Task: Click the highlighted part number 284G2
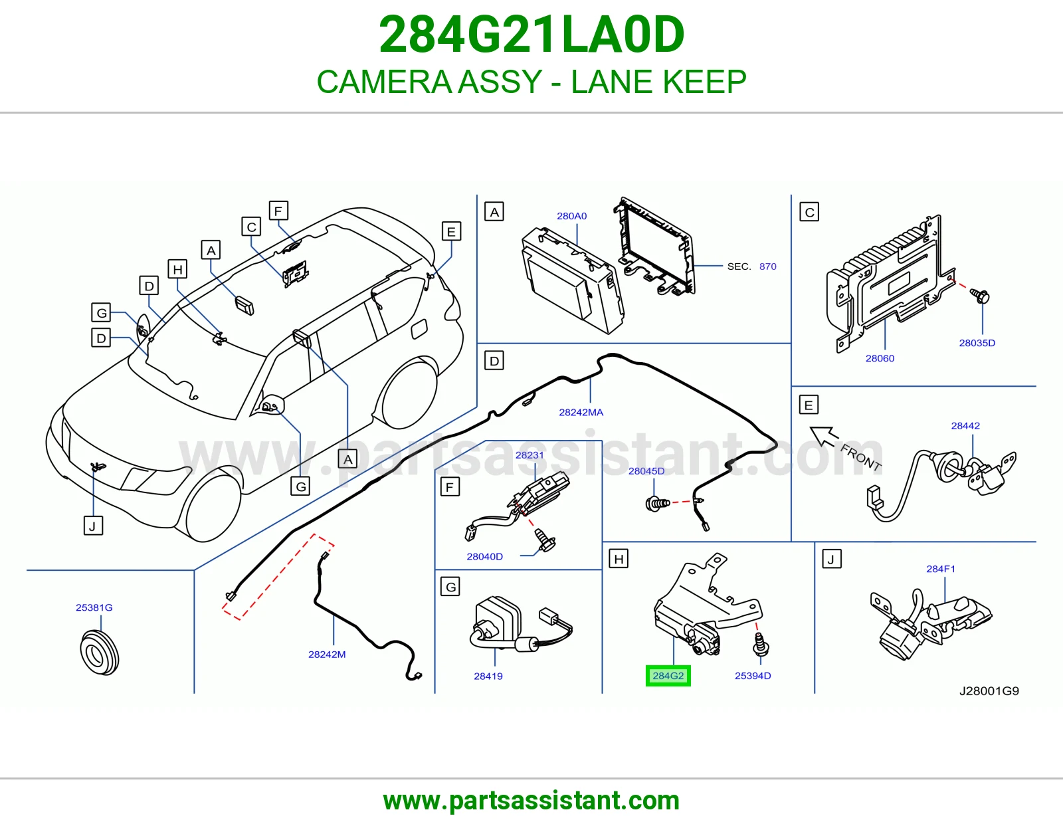(668, 676)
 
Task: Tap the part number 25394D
(752, 676)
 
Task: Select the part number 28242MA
(581, 413)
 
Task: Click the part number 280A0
(571, 216)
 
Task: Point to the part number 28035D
(977, 343)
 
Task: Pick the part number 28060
(880, 358)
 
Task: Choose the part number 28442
(965, 426)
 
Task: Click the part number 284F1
(940, 569)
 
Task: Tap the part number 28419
(488, 676)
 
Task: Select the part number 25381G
(94, 607)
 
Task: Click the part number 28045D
(646, 470)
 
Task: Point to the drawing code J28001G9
(989, 691)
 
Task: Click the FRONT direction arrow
(824, 437)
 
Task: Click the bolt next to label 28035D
(980, 296)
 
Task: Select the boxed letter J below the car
(93, 526)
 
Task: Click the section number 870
(767, 266)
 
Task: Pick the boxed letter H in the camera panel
(619, 559)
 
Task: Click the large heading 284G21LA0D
(531, 35)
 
